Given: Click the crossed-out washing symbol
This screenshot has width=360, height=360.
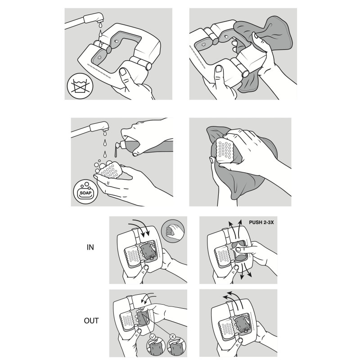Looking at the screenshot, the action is pos(80,86).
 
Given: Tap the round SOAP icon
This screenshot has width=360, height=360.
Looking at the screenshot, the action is pos(85,192).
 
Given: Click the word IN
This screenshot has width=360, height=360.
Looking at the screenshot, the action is pos(90,247).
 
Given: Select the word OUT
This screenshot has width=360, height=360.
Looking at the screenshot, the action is pos(91,320).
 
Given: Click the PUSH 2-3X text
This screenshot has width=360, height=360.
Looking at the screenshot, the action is pos(261,222).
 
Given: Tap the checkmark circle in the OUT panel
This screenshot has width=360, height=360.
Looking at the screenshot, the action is pos(153,337).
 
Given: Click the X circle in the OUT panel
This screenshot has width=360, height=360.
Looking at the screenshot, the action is pos(173,337).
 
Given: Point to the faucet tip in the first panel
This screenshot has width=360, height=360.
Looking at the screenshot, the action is pos(101,21).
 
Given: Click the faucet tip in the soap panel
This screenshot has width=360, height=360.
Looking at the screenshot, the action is pos(105,130).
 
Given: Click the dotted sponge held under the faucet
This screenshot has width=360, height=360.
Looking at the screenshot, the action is pos(110,171).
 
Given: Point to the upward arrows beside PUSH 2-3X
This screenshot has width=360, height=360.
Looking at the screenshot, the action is pos(234,229).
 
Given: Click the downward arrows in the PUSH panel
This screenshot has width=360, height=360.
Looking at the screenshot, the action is pos(245,271).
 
